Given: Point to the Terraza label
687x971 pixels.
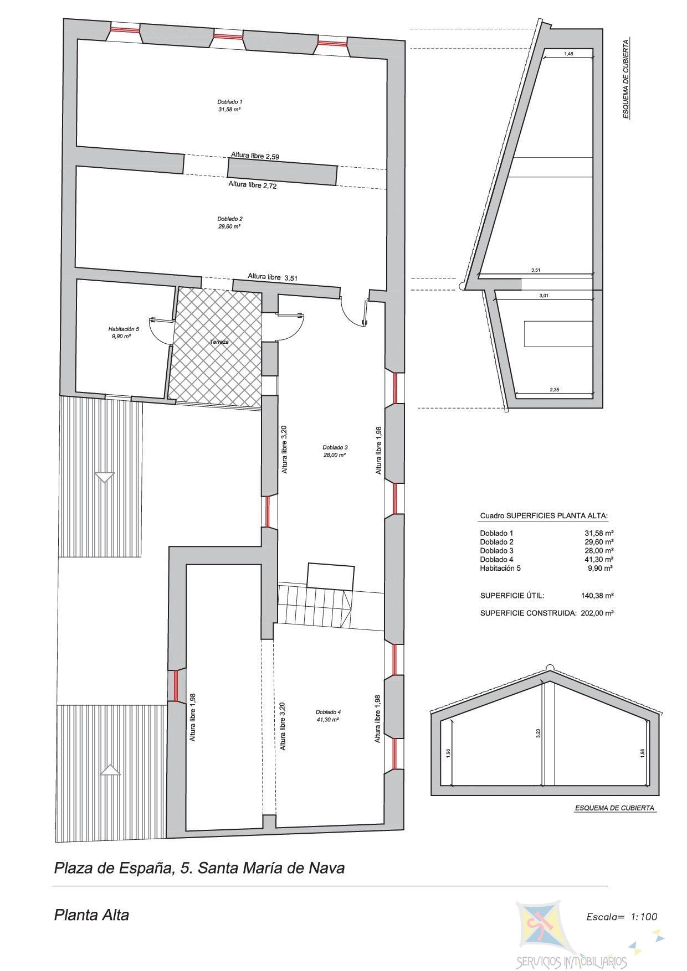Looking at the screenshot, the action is point(219,342).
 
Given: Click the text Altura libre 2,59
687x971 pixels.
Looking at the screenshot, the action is point(255,156).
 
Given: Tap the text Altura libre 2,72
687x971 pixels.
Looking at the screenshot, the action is point(253,185).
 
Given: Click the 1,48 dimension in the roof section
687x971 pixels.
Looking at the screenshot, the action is point(568,54).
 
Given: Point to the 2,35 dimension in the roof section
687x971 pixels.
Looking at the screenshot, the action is point(554,390).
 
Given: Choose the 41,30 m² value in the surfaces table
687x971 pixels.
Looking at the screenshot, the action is point(599,559).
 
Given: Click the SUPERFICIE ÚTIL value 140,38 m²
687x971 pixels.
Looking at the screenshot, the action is point(597,596).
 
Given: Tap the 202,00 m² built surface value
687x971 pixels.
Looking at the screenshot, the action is point(597,613).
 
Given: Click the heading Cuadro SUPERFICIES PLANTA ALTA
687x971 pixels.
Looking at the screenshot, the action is point(544,516).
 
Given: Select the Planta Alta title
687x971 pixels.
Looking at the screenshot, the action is point(91,915).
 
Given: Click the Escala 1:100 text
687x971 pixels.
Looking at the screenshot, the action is point(622,917).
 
